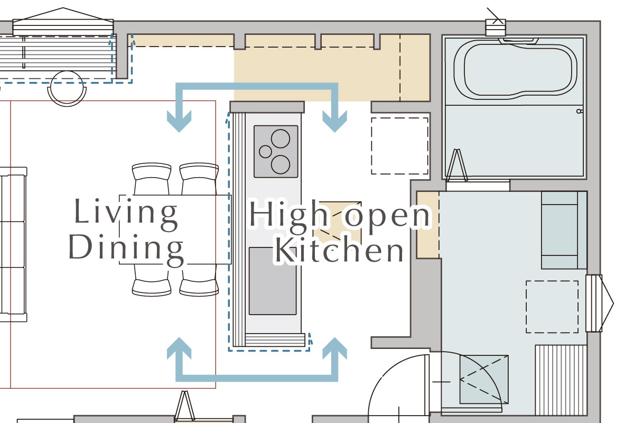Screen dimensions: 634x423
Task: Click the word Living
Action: click(x=126, y=214)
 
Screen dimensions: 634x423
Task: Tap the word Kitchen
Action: click(x=339, y=250)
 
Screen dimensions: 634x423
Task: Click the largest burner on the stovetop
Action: click(x=281, y=139)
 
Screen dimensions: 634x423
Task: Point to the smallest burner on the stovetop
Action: click(x=265, y=152)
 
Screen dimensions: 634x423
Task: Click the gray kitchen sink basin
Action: click(x=273, y=281)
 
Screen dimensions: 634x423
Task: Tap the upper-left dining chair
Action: click(x=152, y=179)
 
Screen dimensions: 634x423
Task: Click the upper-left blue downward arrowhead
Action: click(x=179, y=121)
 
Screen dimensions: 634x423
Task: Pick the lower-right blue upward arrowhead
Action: click(x=335, y=348)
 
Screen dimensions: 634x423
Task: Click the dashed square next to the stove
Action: click(x=399, y=146)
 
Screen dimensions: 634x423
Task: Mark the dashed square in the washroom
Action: click(x=552, y=307)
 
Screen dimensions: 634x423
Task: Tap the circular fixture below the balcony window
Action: click(x=67, y=88)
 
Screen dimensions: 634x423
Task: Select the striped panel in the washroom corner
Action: click(x=561, y=380)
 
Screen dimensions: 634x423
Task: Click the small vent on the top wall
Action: click(x=496, y=27)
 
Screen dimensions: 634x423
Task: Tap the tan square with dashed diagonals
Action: click(x=338, y=224)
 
